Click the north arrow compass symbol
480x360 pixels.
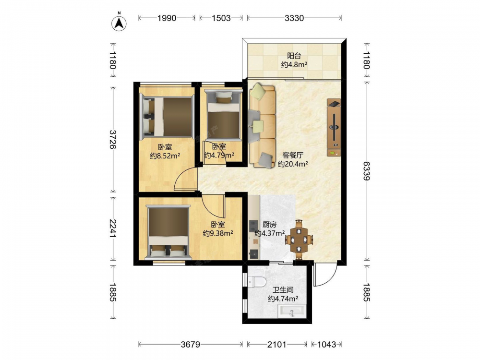pyautogui.click(x=120, y=22)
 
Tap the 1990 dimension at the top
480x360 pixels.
pyautogui.click(x=167, y=18)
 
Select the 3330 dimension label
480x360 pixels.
pyautogui.click(x=294, y=18)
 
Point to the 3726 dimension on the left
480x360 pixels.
pyautogui.click(x=113, y=139)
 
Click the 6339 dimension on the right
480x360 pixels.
pyautogui.click(x=366, y=170)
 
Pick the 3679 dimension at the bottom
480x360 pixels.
pyautogui.click(x=191, y=345)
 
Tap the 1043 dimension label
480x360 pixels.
pyautogui.click(x=326, y=345)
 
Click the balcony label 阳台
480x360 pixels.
pyautogui.click(x=294, y=56)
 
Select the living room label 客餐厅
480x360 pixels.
pyautogui.click(x=293, y=155)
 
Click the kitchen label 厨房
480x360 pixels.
pyautogui.click(x=269, y=224)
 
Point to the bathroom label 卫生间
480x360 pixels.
pyautogui.click(x=283, y=289)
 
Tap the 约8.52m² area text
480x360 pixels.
pyautogui.click(x=165, y=156)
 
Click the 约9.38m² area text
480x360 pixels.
pyautogui.click(x=218, y=233)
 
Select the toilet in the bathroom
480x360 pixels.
pyautogui.click(x=256, y=282)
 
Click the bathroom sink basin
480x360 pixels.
pyautogui.click(x=291, y=312)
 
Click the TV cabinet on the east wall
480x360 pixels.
pyautogui.click(x=334, y=127)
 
